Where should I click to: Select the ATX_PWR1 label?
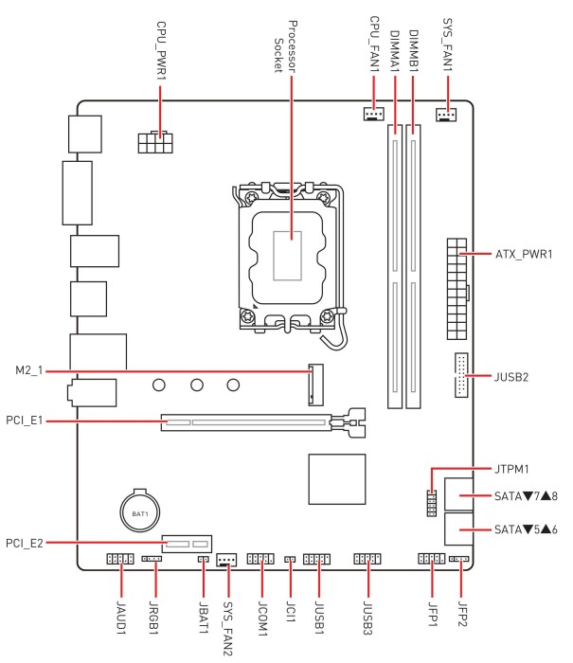(524, 255)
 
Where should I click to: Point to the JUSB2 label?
(512, 377)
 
